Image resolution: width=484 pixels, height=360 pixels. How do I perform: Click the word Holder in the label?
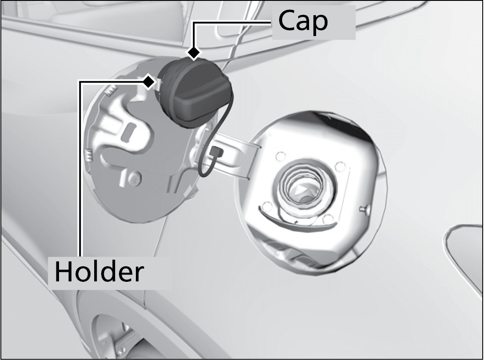(x=99, y=271)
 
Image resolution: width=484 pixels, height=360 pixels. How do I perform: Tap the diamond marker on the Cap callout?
(x=194, y=53)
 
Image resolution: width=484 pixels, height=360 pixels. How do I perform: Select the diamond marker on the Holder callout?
(x=149, y=82)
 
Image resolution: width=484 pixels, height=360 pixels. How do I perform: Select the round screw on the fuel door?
(x=135, y=179)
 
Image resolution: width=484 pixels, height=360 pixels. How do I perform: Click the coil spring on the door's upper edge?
(x=112, y=90)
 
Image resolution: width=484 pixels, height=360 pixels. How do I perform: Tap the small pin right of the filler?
(x=364, y=210)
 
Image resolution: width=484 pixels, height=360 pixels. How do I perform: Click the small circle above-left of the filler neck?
(x=280, y=156)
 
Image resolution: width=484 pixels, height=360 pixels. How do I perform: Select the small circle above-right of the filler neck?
(x=340, y=166)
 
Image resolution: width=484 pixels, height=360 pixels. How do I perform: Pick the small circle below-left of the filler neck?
(x=267, y=206)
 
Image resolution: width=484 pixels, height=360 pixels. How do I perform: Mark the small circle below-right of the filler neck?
(x=328, y=219)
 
